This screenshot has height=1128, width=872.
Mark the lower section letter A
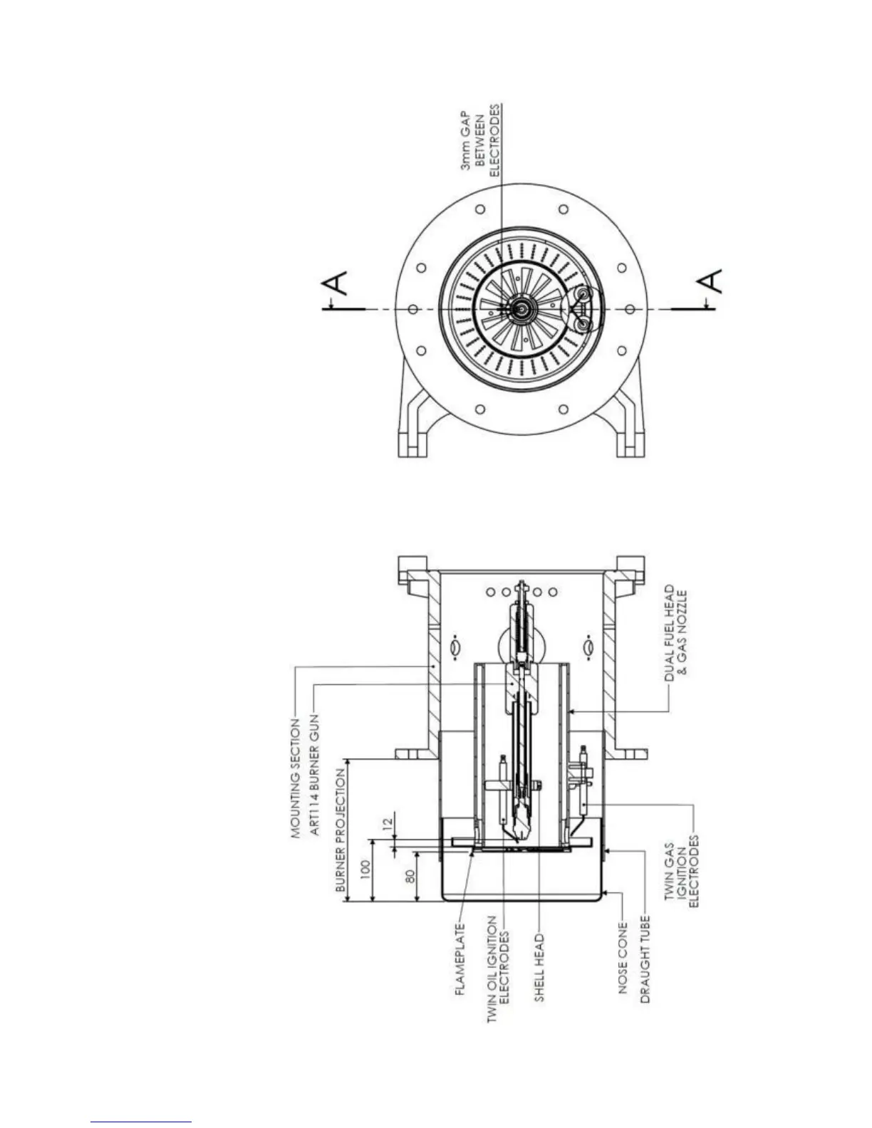(712, 280)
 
